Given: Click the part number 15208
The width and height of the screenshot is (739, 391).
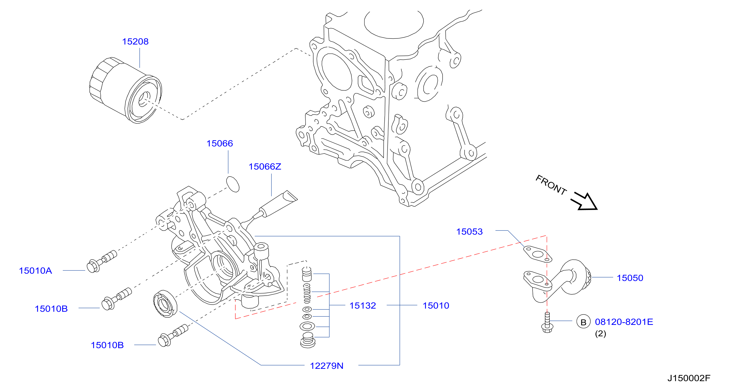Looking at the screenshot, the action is coord(136,42).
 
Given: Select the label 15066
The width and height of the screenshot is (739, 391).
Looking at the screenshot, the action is coord(220,143).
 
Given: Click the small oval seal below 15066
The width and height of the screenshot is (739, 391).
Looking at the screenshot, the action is coord(233,184).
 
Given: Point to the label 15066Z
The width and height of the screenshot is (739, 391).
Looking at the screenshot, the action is coord(265,167).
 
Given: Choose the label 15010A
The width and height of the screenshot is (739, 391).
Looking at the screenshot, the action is coord(35,271).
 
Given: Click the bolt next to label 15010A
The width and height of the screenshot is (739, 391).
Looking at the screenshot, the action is coord(102,261).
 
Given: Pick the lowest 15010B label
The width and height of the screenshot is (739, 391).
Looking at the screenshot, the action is coord(107,345).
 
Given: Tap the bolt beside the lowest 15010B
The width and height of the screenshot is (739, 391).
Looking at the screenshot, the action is coord(173,335).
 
